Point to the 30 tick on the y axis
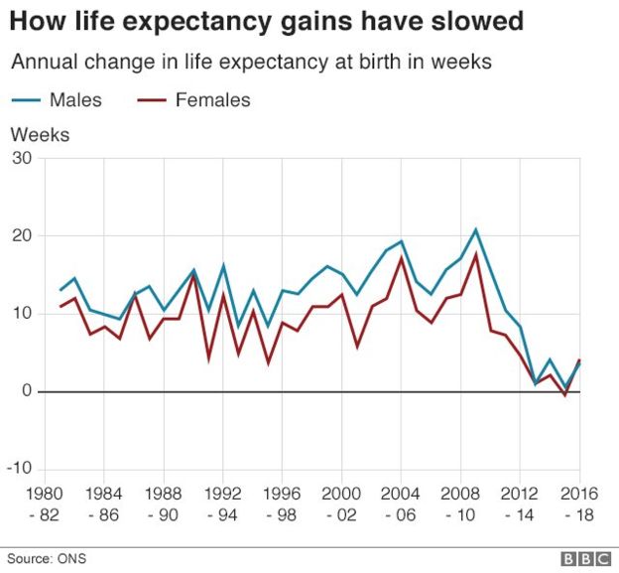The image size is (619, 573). tap(21, 159)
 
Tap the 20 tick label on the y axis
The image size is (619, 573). tap(21, 236)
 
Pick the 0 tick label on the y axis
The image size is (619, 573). tap(26, 391)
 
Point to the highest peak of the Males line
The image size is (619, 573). tap(476, 229)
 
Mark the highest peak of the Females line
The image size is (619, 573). tap(476, 254)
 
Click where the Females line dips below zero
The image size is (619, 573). tap(564, 395)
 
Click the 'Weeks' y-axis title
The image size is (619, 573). tap(40, 134)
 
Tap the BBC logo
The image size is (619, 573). tap(584, 559)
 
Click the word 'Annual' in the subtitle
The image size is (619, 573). tap(45, 62)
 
